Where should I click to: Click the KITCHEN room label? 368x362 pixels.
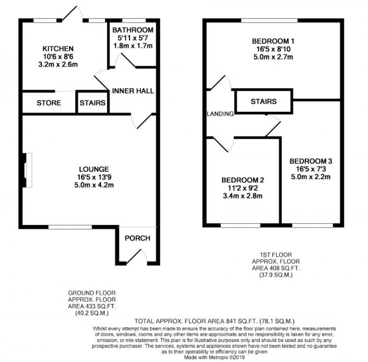tap(58, 48)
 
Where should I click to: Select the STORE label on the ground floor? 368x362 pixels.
tap(48, 103)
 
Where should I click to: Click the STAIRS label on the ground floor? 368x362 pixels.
tap(93, 103)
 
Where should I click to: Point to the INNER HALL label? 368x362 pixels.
tap(133, 91)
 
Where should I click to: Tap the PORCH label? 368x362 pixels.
tap(137, 238)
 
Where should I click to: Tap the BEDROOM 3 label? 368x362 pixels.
tap(310, 161)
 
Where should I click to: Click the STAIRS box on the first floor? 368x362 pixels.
tap(263, 101)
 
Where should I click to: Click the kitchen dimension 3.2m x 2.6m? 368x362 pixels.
tap(58, 65)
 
